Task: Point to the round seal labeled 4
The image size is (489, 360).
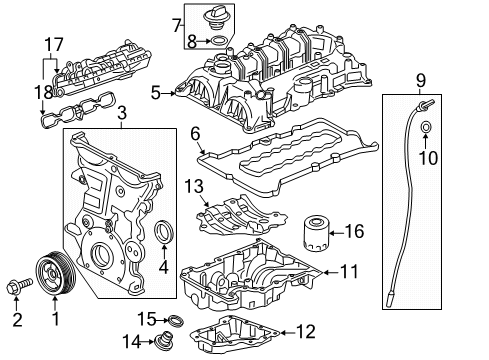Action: click(164, 236)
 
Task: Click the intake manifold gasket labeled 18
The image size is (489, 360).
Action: click(75, 111)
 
